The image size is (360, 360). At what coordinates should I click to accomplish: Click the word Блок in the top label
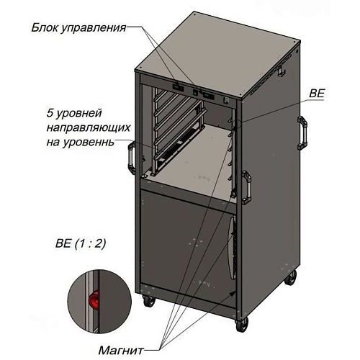pos(44,27)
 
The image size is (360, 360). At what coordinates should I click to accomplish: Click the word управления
pos(93,28)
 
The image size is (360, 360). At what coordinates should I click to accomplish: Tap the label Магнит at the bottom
pos(121,351)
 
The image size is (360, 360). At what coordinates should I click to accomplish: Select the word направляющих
pos(89,127)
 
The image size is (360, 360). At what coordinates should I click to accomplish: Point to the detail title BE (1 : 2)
pos(81,243)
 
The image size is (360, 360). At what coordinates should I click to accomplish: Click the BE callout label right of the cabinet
pos(317,93)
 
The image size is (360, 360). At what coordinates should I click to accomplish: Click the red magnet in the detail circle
pos(94,300)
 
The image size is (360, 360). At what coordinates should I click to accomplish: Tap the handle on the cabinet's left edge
pos(132,158)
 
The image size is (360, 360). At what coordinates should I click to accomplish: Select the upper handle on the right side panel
pos(302,132)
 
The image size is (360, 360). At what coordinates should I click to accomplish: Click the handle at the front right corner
pos(247,187)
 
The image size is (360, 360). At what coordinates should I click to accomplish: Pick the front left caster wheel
pos(149,301)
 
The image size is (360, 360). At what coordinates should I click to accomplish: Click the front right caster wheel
pos(241,325)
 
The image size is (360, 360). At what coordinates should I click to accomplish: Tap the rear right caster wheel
pos(291,279)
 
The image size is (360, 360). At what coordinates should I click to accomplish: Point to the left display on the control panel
pos(178,87)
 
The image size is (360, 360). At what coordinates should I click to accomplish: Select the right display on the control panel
pos(208,96)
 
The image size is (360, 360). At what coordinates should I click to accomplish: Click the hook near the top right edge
pos(281,71)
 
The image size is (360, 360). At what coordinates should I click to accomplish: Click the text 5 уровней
pos(74,113)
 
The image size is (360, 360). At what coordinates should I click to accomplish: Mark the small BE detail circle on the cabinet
pos(237,123)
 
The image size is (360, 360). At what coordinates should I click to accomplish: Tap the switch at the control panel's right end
pos(226,101)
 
